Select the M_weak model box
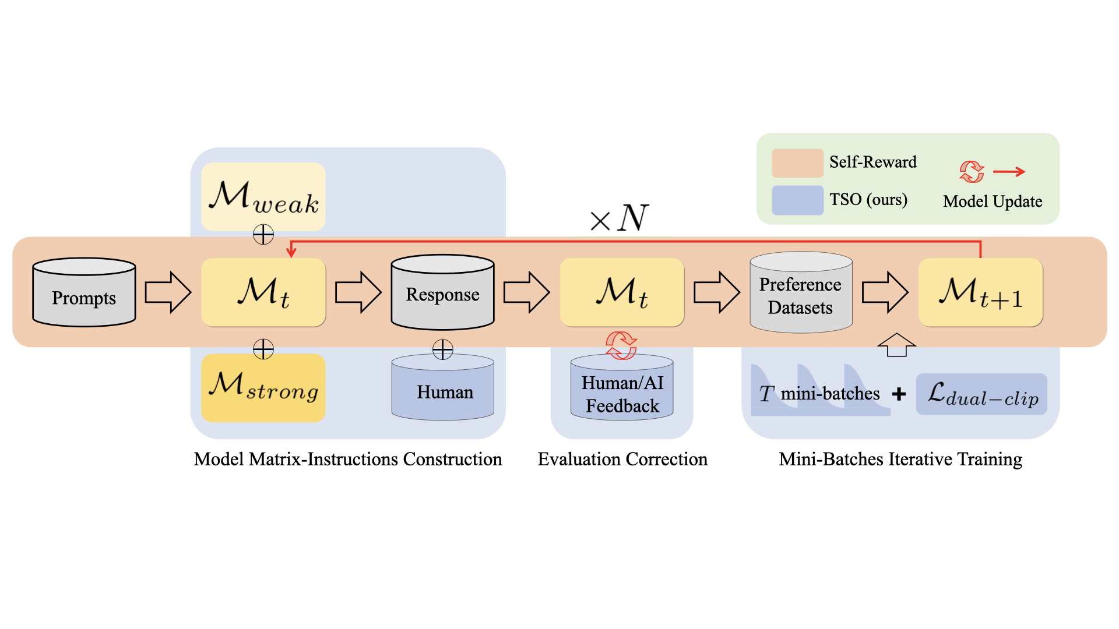(263, 196)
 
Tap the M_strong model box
(263, 387)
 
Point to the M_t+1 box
(980, 292)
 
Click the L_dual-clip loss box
(981, 394)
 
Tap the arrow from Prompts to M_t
(168, 292)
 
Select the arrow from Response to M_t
(526, 292)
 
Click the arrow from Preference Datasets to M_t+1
(885, 292)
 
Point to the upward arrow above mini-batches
(896, 345)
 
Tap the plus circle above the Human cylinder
(443, 349)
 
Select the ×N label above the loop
(619, 218)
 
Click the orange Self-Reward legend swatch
(797, 163)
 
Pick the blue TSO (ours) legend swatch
(797, 200)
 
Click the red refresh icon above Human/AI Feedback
(621, 345)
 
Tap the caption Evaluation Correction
(622, 459)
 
